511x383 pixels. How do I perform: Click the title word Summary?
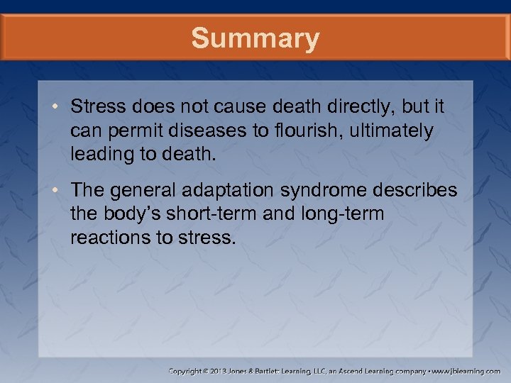coord(255,38)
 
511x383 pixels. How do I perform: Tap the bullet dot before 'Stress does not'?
coord(57,107)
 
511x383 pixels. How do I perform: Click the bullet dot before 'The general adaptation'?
coord(57,191)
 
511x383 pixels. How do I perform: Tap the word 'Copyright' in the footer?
coord(188,371)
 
